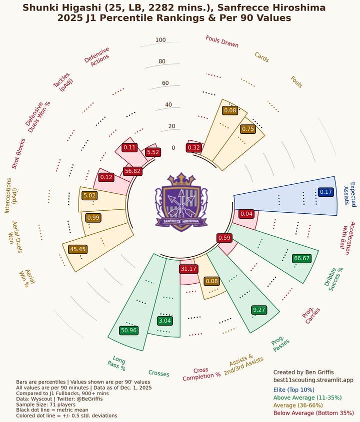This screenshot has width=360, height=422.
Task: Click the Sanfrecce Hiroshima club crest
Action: (x=180, y=203)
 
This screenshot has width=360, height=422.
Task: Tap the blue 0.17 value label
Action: (x=325, y=192)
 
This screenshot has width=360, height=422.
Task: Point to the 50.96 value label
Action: (x=128, y=330)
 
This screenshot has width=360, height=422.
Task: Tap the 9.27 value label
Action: (x=259, y=310)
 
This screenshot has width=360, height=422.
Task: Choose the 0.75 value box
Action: (x=248, y=128)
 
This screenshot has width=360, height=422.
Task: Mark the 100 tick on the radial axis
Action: (x=160, y=40)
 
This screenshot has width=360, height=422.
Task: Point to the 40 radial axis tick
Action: (x=168, y=105)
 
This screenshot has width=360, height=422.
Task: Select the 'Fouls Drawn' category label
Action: (x=222, y=41)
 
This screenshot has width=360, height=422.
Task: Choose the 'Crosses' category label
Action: (x=158, y=374)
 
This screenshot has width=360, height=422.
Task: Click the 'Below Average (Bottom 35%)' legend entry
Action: (x=313, y=414)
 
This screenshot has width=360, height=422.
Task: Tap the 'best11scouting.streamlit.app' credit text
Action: (x=313, y=380)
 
